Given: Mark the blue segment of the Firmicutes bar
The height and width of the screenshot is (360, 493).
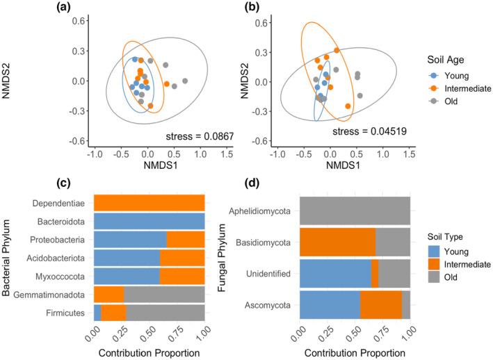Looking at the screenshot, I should [x=97, y=313].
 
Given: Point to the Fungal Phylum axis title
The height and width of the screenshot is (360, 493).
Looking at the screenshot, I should [x=216, y=259].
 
